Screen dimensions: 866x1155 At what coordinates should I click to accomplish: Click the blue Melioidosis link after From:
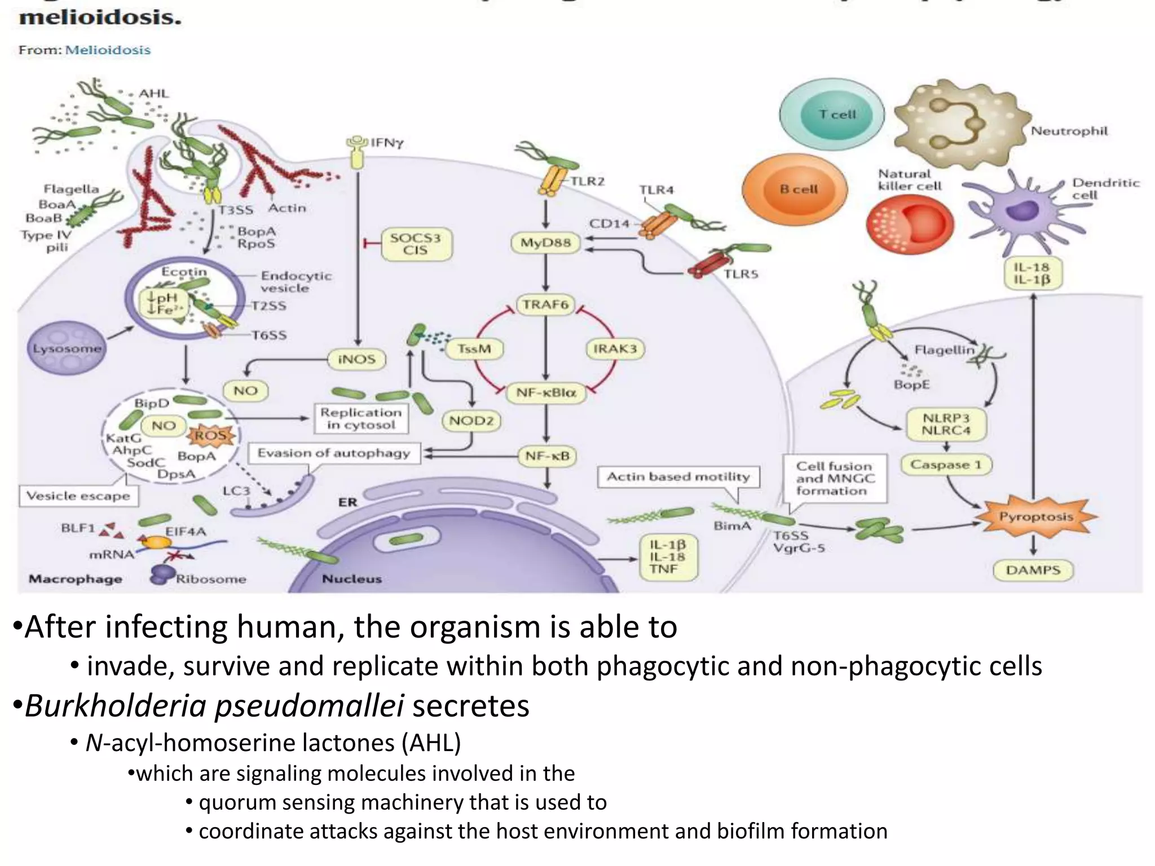(x=108, y=50)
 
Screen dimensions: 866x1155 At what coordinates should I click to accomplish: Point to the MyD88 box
(x=545, y=243)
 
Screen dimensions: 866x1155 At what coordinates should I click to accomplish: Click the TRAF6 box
(x=545, y=305)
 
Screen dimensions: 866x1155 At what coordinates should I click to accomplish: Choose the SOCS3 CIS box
(x=416, y=244)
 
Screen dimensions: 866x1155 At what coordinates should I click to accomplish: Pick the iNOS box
(x=356, y=359)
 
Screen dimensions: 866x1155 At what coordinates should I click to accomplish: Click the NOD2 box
(x=471, y=421)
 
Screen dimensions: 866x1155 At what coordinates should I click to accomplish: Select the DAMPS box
(x=1033, y=570)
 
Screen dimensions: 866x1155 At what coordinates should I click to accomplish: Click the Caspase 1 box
(x=946, y=465)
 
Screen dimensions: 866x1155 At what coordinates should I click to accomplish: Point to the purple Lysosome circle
(x=67, y=348)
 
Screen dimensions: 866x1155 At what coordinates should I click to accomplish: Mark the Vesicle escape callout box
(x=78, y=496)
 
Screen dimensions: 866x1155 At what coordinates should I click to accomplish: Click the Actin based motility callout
(x=678, y=477)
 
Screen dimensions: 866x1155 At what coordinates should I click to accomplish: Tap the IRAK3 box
(x=615, y=349)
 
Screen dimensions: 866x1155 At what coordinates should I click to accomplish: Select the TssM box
(x=474, y=349)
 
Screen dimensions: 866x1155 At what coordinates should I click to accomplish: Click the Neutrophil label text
(x=1069, y=131)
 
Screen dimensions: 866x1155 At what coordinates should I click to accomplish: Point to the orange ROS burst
(x=210, y=435)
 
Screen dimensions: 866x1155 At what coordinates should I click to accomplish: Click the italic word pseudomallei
(x=310, y=705)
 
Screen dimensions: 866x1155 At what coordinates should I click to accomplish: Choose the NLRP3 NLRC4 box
(x=946, y=425)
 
